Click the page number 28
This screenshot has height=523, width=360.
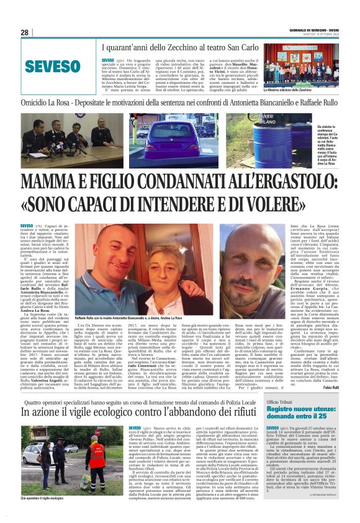24,32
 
